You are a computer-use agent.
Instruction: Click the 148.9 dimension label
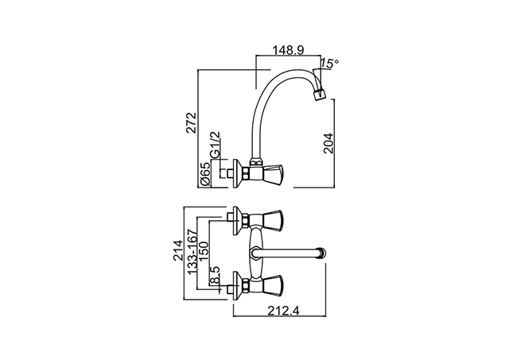288,50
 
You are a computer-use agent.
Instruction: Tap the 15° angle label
330,64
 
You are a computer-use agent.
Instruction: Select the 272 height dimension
192,122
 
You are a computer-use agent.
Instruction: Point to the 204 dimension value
328,143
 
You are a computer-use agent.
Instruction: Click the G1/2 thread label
216,145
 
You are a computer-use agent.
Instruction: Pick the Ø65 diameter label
206,174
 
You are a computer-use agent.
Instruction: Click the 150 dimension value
204,251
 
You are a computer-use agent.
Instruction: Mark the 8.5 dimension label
215,275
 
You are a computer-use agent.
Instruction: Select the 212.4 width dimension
284,311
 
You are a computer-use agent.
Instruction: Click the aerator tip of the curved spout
320,94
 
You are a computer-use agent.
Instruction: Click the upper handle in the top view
271,221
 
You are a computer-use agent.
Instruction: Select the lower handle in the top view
271,286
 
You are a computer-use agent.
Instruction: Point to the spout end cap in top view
322,254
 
